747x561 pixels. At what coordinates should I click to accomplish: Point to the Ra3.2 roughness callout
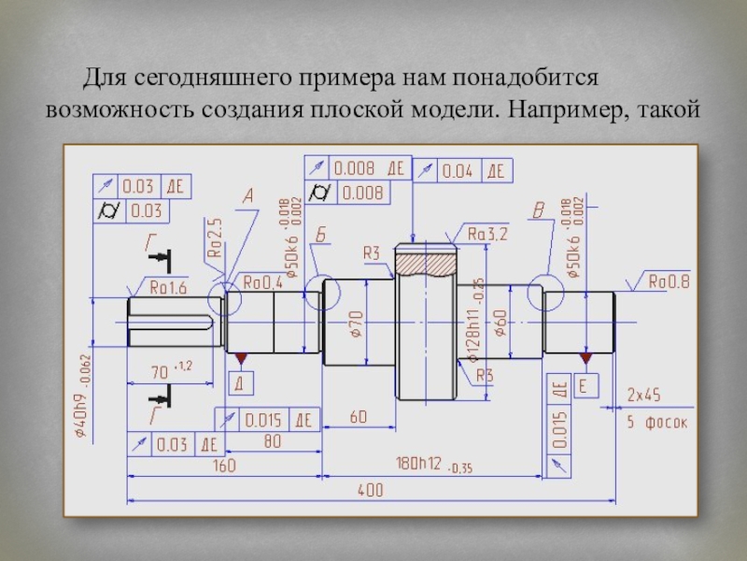pyautogui.click(x=486, y=235)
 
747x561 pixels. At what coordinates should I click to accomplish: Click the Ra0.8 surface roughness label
pyautogui.click(x=669, y=280)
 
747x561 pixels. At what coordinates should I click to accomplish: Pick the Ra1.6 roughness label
pyautogui.click(x=165, y=288)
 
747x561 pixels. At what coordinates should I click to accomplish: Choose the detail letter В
pyautogui.click(x=537, y=212)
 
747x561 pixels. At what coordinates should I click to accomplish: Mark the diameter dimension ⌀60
pyautogui.click(x=501, y=324)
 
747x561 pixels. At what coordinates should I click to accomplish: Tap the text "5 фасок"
pyautogui.click(x=655, y=423)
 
